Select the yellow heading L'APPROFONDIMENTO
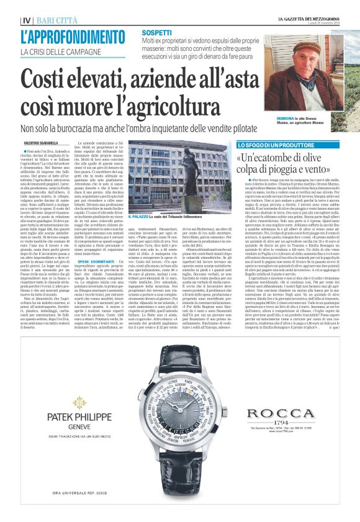69,37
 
